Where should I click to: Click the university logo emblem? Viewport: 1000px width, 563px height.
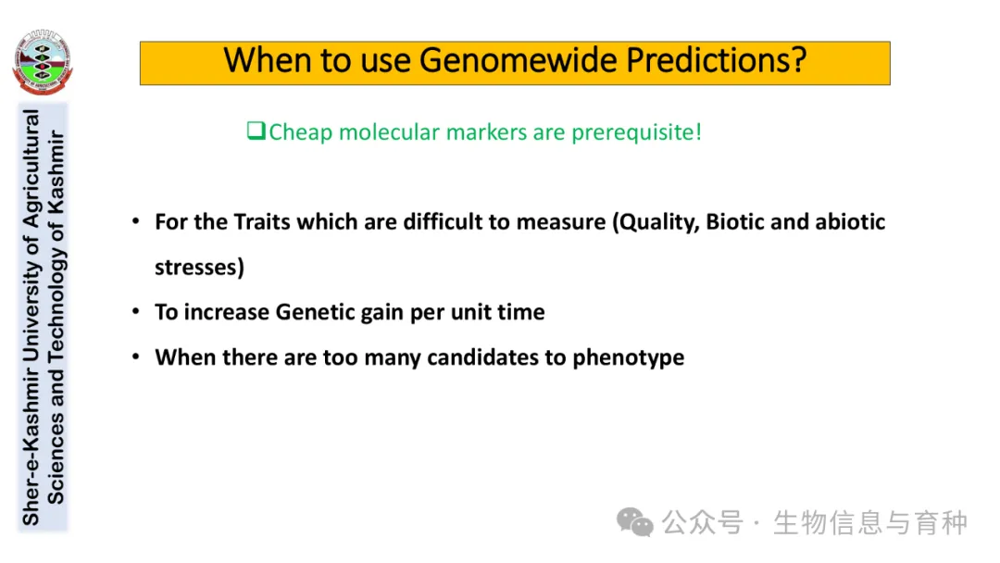(x=42, y=62)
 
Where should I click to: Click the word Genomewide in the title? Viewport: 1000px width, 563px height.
(x=519, y=60)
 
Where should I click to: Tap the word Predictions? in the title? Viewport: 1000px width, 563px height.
(x=716, y=61)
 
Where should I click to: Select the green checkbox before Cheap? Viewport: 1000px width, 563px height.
(x=256, y=131)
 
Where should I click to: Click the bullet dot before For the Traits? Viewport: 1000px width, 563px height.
(x=136, y=221)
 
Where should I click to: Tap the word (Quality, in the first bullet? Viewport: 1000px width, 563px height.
(x=656, y=222)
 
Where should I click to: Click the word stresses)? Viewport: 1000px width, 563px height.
(x=200, y=268)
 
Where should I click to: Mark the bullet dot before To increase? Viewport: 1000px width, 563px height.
(x=136, y=312)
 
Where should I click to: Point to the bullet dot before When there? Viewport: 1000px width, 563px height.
(x=136, y=357)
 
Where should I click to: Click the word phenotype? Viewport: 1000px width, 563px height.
(x=628, y=358)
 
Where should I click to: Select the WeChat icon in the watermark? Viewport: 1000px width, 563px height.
(x=634, y=523)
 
